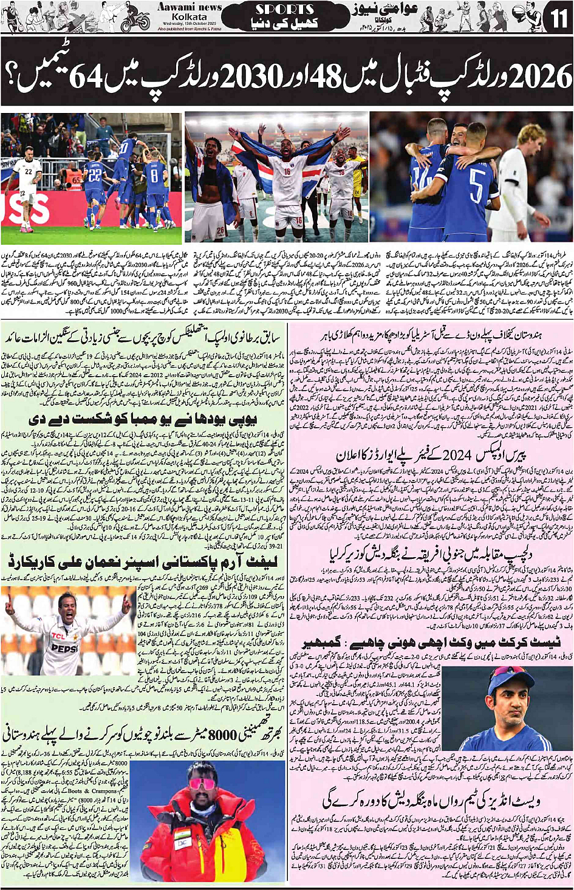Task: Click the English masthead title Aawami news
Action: [190, 7]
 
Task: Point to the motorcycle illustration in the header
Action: [135, 20]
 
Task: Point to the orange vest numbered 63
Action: [77, 179]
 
